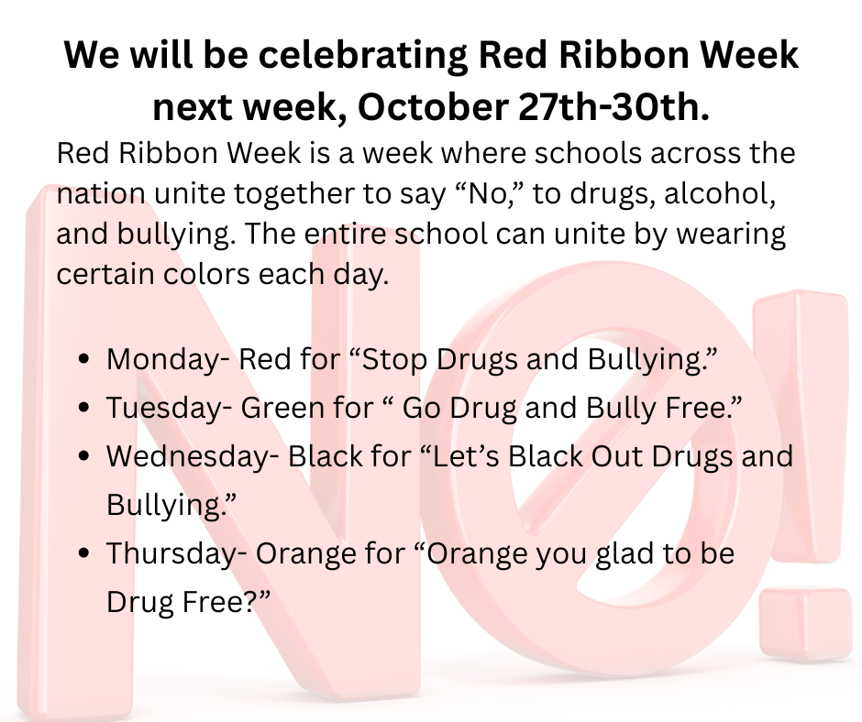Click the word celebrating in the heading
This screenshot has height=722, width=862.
pos(360,57)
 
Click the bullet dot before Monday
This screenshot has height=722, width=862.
pos(84,360)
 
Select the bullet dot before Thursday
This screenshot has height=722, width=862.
pos(84,554)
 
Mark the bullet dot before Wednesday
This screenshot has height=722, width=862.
pos(84,457)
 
